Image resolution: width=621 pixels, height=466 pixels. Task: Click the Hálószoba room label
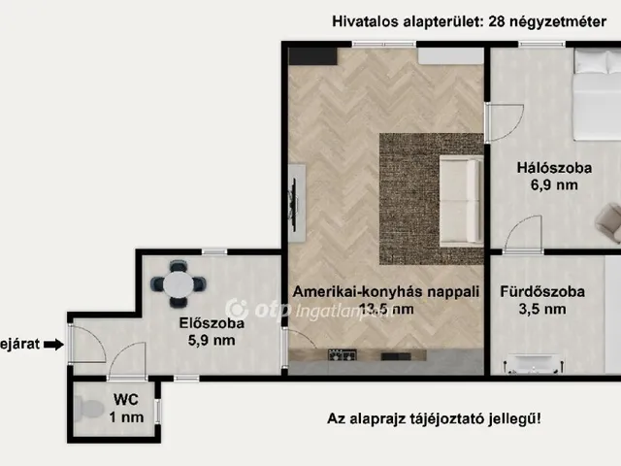548,165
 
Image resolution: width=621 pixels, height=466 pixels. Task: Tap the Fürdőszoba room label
541,290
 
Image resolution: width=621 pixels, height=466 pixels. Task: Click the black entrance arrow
54,343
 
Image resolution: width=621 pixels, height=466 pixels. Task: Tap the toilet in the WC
88,410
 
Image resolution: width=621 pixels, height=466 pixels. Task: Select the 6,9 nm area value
547,184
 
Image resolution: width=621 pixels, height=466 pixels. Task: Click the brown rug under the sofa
408,155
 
